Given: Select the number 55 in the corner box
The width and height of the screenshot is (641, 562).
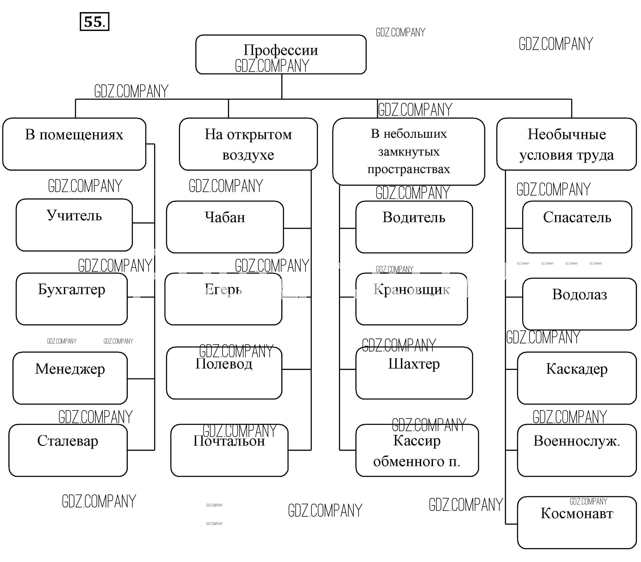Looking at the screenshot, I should (x=94, y=22).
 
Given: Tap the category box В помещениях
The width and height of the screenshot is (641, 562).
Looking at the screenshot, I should (x=74, y=144).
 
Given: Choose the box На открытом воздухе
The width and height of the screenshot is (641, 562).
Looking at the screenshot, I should (x=248, y=144).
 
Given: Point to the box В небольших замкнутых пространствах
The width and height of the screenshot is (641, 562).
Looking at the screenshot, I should (x=408, y=152).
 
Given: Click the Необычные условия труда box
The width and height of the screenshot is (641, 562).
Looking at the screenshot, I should (x=567, y=144).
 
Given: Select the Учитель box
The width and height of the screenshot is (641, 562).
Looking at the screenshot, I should (x=74, y=225).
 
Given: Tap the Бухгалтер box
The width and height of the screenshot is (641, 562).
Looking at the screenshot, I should (x=72, y=299).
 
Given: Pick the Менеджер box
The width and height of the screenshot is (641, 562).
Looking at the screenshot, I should (x=70, y=378).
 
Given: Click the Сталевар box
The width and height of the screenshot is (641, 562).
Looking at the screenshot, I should (x=68, y=450).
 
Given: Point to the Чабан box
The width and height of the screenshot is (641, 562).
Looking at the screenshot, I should (x=225, y=227).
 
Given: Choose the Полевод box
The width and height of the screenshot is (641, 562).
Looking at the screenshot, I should (x=224, y=373).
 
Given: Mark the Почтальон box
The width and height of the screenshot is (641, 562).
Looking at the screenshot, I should (x=229, y=450).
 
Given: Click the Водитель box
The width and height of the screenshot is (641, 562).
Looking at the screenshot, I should (x=414, y=227).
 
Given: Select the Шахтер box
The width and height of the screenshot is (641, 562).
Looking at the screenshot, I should (x=414, y=373).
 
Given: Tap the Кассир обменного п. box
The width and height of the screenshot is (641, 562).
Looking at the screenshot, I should (x=417, y=450).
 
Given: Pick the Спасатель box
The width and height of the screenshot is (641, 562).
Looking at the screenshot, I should (x=577, y=227).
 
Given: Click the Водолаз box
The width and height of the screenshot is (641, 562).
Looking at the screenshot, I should (x=579, y=304).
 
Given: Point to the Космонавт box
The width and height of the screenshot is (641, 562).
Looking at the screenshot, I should (x=577, y=522).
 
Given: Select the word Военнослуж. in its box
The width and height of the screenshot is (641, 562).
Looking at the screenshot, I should (x=577, y=441).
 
